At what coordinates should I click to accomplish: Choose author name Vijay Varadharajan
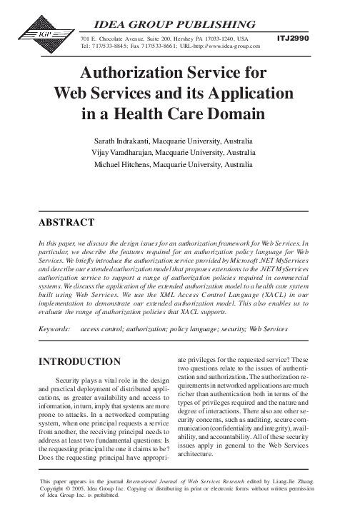click(x=129, y=152)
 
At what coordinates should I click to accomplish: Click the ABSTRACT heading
click(x=69, y=223)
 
